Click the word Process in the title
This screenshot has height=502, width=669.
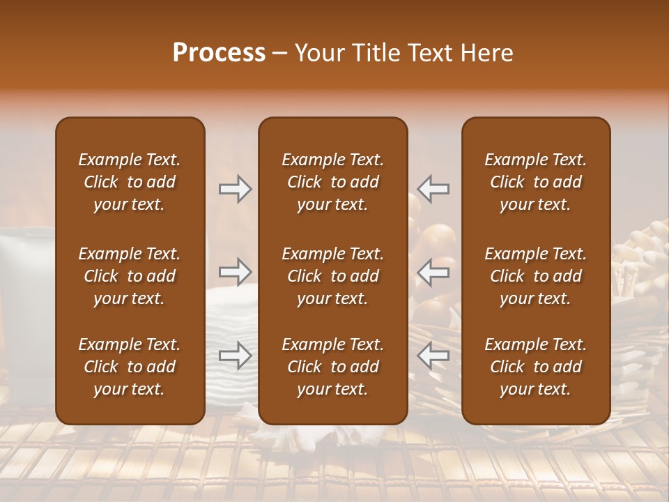pos(219,53)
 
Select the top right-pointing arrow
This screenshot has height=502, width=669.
pos(235,189)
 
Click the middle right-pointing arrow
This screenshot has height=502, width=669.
pos(235,272)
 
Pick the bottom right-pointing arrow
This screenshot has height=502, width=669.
pos(235,355)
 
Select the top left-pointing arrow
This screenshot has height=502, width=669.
pos(433,189)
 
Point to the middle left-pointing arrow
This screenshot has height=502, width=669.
pos(433,272)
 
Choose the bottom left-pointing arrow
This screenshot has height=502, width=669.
pos(433,355)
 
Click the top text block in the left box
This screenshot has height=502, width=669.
pos(130,182)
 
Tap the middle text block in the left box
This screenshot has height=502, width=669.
pos(130,276)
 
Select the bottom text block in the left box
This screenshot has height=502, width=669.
pos(130,367)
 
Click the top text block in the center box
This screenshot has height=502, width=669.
pos(332,182)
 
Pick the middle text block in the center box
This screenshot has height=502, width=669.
pos(332,276)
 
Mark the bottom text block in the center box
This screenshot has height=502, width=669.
pos(332,367)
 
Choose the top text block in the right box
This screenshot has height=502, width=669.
pos(536,182)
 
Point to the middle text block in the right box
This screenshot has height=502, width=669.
pos(536,276)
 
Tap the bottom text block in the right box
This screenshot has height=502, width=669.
pos(536,367)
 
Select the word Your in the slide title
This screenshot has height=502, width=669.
pos(321,53)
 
